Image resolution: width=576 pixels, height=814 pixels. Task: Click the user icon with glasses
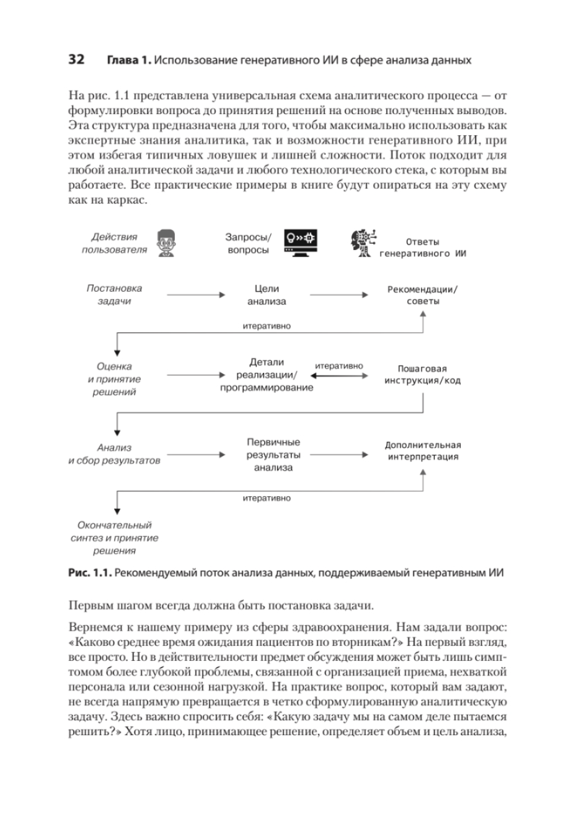click(166, 243)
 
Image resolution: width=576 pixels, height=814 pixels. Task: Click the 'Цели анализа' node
click(267, 295)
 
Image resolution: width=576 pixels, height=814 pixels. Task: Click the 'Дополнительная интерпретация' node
click(423, 451)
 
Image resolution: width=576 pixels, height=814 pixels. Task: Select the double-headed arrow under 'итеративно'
click(340, 375)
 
